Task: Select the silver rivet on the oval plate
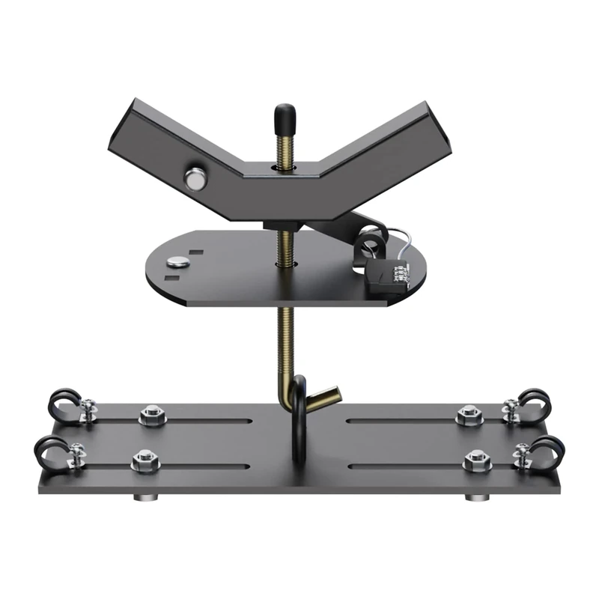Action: (x=179, y=261)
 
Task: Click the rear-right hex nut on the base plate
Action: (x=468, y=413)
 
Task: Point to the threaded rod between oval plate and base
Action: (x=285, y=337)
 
